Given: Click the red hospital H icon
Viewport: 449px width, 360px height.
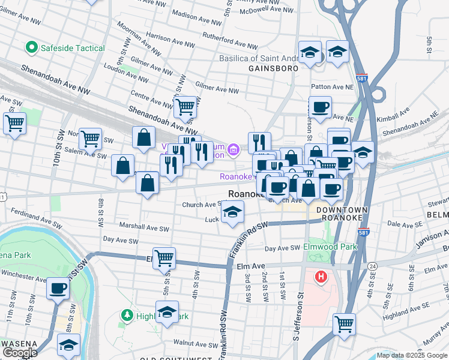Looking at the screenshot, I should pos(321,277).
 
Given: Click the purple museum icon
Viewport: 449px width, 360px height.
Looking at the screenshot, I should pos(234,149).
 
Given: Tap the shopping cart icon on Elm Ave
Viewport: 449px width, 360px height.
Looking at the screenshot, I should pos(164,259).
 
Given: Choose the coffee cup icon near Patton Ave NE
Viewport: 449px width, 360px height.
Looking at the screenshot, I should pos(320,107).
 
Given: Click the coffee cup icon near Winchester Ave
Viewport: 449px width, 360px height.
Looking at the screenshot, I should pos(58,288).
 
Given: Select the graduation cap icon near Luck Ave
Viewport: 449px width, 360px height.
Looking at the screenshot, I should pos(233,211).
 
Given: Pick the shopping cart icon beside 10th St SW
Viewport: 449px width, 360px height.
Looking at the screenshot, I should pos(14,124).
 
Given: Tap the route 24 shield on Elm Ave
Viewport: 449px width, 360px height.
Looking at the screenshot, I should pos(373,266).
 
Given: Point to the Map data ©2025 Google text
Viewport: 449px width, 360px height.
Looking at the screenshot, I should pos(411,355).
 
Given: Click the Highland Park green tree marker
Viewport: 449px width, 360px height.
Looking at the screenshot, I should pos(127,315).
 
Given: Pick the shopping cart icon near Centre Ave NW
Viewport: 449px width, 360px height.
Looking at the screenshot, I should pos(185,107).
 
